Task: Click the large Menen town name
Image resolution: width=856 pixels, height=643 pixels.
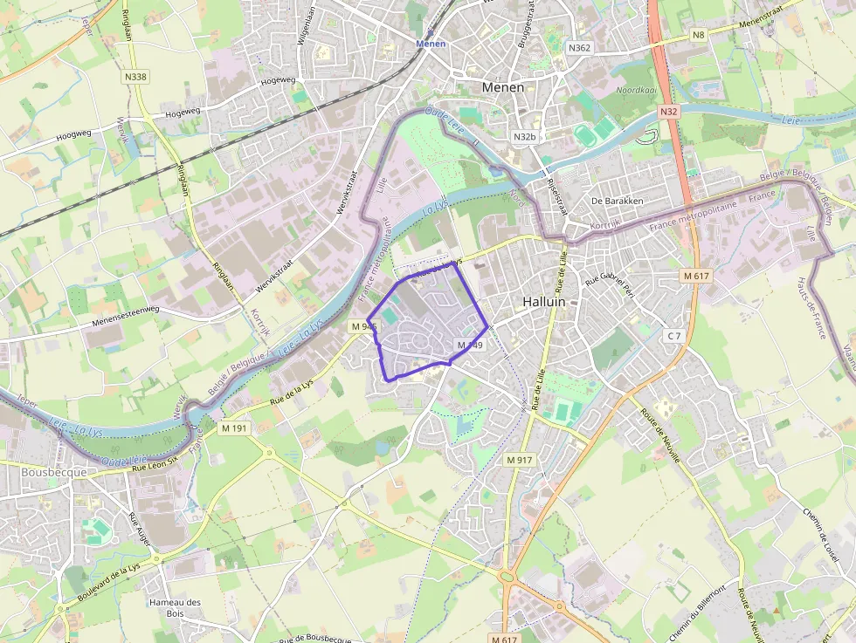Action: click(503, 87)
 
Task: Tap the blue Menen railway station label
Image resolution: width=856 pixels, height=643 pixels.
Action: click(431, 43)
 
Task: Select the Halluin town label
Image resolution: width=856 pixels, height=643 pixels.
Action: click(544, 301)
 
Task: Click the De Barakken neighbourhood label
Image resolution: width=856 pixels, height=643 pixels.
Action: click(617, 201)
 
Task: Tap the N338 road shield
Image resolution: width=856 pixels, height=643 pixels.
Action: click(135, 77)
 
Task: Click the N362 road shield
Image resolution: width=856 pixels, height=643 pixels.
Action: click(578, 47)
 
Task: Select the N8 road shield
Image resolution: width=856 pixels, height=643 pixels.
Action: click(698, 35)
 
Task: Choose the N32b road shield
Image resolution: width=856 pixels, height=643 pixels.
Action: click(524, 137)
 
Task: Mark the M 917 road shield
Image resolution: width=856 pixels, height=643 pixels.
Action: click(519, 459)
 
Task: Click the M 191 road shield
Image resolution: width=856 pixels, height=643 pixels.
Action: click(235, 428)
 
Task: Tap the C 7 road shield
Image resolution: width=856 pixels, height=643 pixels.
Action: click(672, 336)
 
